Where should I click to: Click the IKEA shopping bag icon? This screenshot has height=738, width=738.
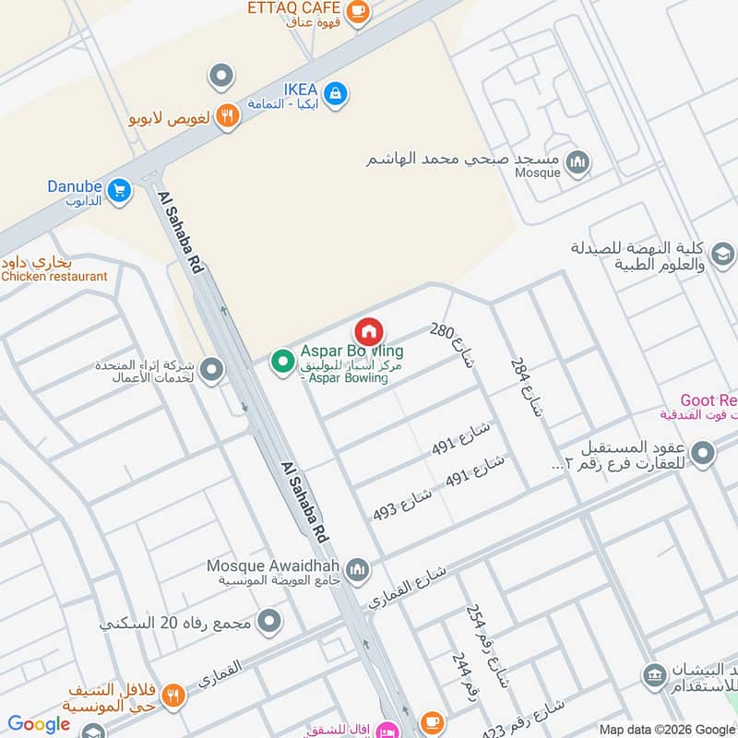click(336, 92)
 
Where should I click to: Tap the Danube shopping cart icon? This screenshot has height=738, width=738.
click(118, 191)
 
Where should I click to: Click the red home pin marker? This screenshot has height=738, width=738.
click(368, 332)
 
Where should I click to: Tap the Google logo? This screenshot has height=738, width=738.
click(39, 724)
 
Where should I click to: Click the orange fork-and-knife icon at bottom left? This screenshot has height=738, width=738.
click(174, 696)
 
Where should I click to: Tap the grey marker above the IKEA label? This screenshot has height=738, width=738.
click(221, 76)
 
